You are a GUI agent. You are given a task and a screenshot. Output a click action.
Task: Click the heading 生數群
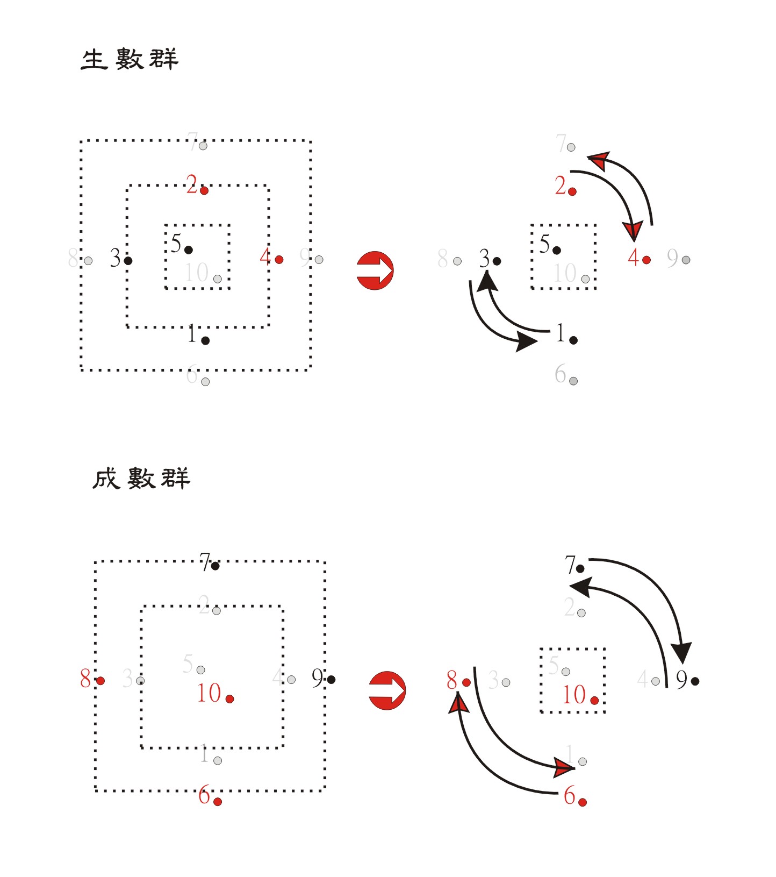129,59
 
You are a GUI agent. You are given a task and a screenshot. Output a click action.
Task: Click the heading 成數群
141,478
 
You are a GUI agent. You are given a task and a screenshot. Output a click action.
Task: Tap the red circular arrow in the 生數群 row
375,270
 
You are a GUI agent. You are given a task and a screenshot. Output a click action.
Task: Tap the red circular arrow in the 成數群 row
387,690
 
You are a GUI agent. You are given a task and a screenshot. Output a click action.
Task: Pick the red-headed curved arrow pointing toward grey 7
634,177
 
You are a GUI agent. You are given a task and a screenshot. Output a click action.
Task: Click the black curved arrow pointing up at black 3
505,312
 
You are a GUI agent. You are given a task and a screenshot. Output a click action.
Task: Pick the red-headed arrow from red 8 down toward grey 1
511,742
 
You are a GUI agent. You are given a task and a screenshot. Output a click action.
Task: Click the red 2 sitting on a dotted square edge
192,185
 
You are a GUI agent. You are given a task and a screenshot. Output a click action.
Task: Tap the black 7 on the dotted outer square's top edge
206,563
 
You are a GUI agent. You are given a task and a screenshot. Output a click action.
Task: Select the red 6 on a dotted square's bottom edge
204,795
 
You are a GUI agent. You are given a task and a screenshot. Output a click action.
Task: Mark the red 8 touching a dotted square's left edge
85,679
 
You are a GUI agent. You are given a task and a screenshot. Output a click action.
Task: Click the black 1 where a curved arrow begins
561,333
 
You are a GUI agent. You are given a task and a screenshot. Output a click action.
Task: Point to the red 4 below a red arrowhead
634,258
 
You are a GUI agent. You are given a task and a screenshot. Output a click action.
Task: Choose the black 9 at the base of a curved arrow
682,680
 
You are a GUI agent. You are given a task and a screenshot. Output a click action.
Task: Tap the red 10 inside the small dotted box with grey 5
574,695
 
